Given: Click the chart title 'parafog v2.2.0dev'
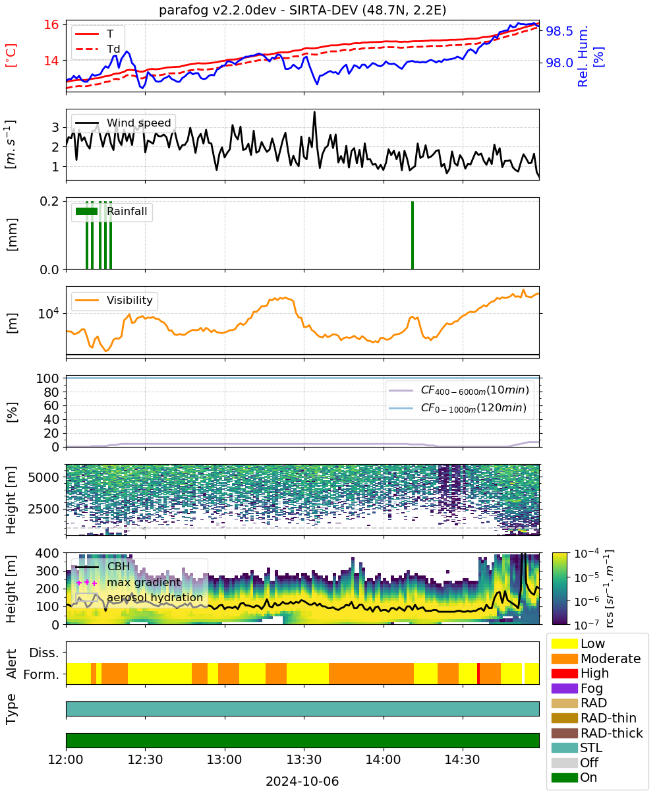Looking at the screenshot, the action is click(217, 10).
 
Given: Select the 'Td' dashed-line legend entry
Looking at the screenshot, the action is click(98, 49).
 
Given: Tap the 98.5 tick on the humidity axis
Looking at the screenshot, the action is click(559, 32).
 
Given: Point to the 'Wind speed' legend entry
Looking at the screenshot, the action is click(123, 123).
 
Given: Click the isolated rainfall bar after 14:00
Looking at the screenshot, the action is click(413, 235).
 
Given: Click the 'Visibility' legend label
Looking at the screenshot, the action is click(129, 300).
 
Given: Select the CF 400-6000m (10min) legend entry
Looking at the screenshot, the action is click(459, 390).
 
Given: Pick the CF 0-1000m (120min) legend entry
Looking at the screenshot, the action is click(457, 408).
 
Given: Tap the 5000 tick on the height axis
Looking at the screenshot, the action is click(43, 477).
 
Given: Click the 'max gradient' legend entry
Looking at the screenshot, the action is click(129, 582).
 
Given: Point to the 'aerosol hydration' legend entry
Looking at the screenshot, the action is click(139, 597).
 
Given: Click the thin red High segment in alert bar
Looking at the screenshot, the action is click(478, 674).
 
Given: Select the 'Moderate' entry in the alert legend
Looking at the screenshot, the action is click(596, 659).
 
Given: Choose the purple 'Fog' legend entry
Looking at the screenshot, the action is click(577, 688).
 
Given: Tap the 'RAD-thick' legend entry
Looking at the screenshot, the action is click(597, 732).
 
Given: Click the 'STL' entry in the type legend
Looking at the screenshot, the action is click(577, 747).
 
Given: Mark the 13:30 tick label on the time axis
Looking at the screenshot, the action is click(304, 759).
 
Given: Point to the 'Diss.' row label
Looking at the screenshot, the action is click(44, 653).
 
